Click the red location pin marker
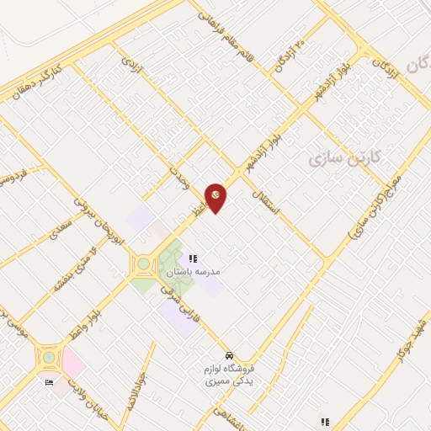click(x=216, y=196)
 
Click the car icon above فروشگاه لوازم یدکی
click(x=230, y=355)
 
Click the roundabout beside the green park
click(x=144, y=264)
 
